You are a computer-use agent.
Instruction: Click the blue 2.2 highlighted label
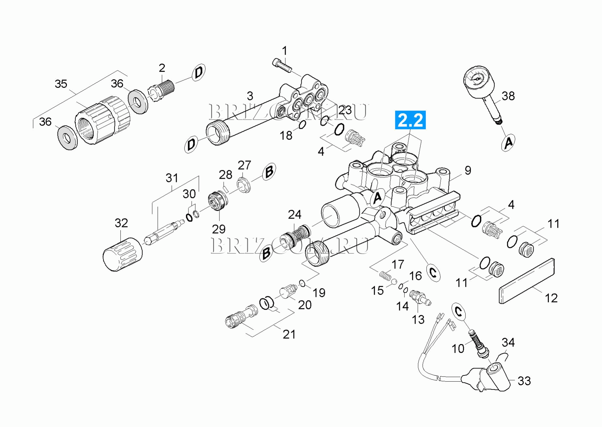tap(410, 120)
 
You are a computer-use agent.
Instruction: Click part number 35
tap(61, 84)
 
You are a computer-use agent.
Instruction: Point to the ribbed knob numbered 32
tap(122, 254)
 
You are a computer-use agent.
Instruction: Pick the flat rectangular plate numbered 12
tap(527, 281)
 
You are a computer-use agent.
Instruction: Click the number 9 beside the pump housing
tap(468, 170)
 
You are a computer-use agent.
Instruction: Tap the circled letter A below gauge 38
tap(508, 143)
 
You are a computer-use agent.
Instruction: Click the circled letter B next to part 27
tap(269, 171)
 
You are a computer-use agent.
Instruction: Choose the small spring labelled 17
tap(385, 276)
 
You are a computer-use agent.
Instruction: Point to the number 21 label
tap(289, 334)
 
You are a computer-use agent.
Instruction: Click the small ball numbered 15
tap(394, 281)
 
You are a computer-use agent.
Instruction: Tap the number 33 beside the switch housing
tap(524, 381)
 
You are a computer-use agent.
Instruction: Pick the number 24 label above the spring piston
tap(294, 215)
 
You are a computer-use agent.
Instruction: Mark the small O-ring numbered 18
tap(302, 125)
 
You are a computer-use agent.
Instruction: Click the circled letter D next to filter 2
tap(199, 72)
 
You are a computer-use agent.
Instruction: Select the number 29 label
tap(218, 229)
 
